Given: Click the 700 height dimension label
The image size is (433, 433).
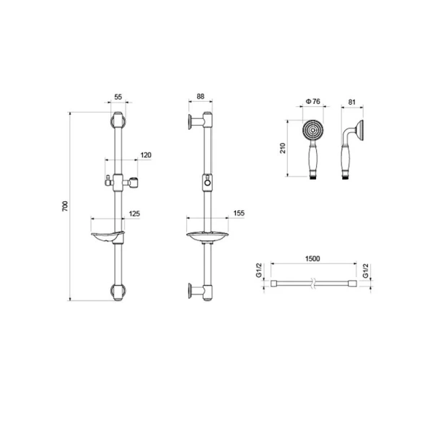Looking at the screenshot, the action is tap(65, 206).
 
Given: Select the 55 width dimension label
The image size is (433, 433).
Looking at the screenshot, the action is tap(118, 97).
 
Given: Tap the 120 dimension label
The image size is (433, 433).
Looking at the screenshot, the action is tap(146, 155).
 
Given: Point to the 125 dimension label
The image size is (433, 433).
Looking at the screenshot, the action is tap(134, 214).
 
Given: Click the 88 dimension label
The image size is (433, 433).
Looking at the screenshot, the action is tap(201, 97).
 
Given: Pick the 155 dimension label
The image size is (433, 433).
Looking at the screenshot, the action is tap(239, 213).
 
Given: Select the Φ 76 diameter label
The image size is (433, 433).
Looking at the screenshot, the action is tap(313, 101).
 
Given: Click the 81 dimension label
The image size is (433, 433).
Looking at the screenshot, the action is tap(352, 102).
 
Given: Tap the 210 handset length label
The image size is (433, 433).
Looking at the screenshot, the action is tap(282, 148).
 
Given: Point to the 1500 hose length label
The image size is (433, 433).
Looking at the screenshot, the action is tap(312, 258).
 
